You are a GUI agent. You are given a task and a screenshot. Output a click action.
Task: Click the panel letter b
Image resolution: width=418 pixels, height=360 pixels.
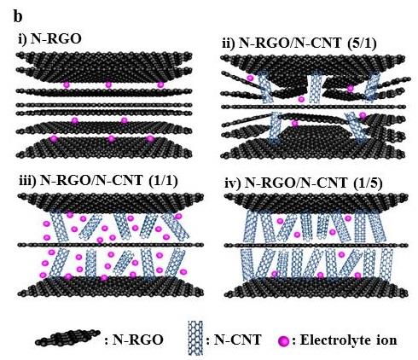[18, 17]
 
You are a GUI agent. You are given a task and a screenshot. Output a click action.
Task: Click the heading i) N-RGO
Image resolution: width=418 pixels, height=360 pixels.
[49, 39]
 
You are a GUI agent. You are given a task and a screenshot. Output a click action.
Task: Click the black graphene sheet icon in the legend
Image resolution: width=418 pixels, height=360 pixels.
[67, 338]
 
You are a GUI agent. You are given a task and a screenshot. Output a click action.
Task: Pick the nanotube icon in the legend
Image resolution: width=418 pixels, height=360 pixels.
[195, 338]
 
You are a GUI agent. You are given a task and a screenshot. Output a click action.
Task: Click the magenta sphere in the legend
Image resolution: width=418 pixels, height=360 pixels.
[284, 340]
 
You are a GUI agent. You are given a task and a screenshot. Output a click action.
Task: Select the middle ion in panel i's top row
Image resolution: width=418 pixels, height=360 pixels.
[108, 84]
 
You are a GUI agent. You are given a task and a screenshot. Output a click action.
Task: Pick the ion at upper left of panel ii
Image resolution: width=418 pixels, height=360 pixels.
[250, 78]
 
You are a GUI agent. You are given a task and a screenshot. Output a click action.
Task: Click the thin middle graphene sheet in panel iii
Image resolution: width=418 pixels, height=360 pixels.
[110, 245]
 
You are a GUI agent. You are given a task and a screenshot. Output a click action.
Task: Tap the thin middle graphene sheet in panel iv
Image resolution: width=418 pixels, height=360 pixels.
[316, 245]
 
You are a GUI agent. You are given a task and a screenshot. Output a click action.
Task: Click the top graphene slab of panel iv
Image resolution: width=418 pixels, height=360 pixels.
[316, 202]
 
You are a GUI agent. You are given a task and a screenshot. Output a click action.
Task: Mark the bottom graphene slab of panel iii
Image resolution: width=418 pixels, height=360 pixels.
[113, 287]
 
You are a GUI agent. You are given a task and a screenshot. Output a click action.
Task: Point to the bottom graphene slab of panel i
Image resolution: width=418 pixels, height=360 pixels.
[104, 148]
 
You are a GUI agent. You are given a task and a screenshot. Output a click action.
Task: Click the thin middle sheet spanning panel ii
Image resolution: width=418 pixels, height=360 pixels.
[313, 107]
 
